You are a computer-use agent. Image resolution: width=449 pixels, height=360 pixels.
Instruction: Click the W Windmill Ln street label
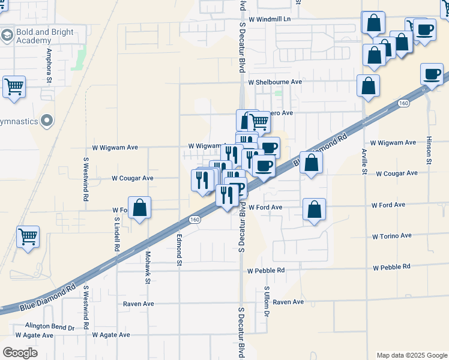pos(270,19)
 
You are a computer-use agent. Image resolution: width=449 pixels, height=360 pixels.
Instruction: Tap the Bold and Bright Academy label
pos(45,36)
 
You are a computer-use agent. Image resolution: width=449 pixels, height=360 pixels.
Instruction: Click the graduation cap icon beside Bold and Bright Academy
pos(7,36)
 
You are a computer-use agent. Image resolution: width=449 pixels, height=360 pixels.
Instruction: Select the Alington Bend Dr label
pos(49,328)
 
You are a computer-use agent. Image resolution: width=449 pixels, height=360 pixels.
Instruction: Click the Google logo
pos(20,353)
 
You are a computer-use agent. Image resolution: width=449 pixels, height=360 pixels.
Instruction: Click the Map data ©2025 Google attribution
pos(411,355)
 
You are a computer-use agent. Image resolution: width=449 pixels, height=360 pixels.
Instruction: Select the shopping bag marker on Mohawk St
pos(139,209)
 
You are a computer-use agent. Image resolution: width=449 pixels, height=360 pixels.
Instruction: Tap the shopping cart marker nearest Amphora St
pos(14,87)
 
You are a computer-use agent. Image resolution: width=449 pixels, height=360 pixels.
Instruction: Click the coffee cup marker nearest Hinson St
pos(432,75)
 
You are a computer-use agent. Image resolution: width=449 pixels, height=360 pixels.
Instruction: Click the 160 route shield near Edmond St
pos(194,220)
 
